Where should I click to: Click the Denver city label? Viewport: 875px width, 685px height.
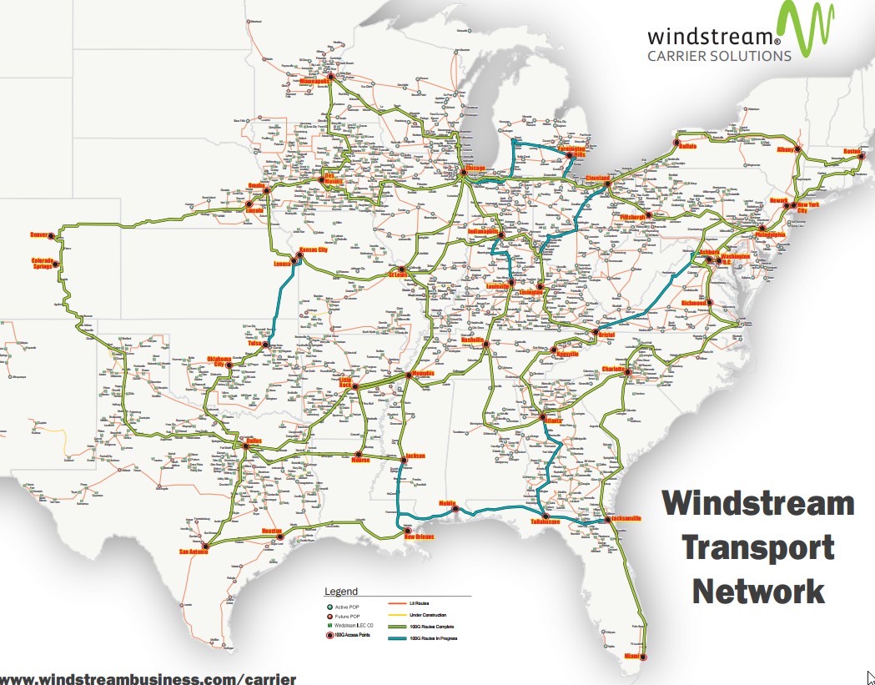[x=40, y=234]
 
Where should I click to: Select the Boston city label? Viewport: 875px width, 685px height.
[x=852, y=151]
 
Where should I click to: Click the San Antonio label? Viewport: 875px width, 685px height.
[x=192, y=552]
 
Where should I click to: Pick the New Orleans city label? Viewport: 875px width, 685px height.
[x=419, y=536]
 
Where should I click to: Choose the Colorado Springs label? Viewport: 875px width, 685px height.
[x=43, y=264]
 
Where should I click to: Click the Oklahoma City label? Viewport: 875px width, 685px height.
[x=218, y=361]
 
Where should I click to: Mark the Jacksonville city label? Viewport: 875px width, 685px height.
[x=626, y=518]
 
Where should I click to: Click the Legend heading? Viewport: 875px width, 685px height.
[x=340, y=592]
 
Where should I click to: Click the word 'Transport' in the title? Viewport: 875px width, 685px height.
[x=758, y=547]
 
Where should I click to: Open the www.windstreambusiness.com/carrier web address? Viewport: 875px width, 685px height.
[x=148, y=678]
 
